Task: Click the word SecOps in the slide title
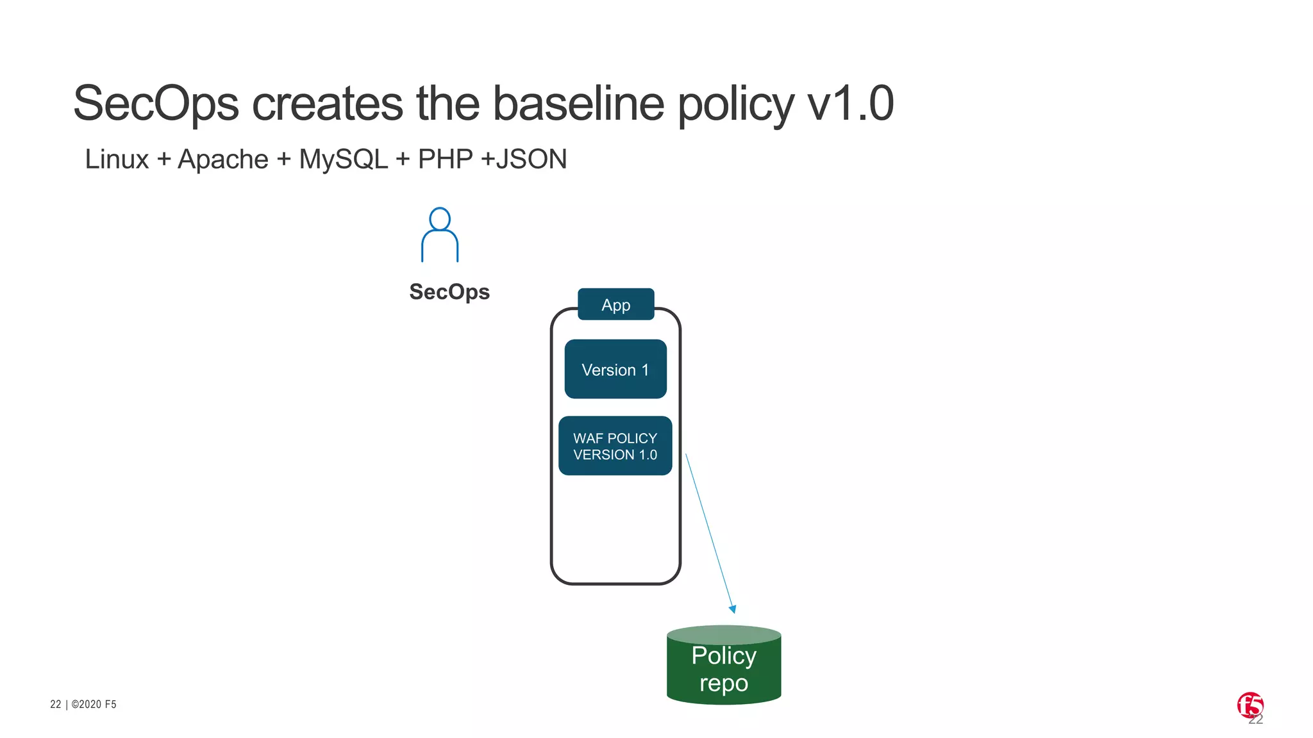tap(156, 104)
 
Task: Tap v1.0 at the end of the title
tap(850, 104)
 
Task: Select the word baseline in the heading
tap(578, 104)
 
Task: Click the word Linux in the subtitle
tap(117, 160)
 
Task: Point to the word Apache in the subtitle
tap(222, 160)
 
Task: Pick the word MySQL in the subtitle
tap(344, 160)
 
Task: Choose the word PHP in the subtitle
tap(445, 160)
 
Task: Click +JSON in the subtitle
tap(524, 160)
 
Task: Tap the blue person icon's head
tap(440, 218)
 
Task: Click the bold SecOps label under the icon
tap(449, 292)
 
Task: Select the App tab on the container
tap(615, 305)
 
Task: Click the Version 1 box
tap(615, 370)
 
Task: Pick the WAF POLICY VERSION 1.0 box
tap(615, 447)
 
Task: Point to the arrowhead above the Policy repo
tap(733, 609)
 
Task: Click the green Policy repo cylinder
tap(724, 666)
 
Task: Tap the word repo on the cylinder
tap(724, 684)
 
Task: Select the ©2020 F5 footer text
tap(94, 705)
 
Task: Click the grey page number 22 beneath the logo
tap(1256, 721)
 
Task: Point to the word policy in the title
tap(735, 104)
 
